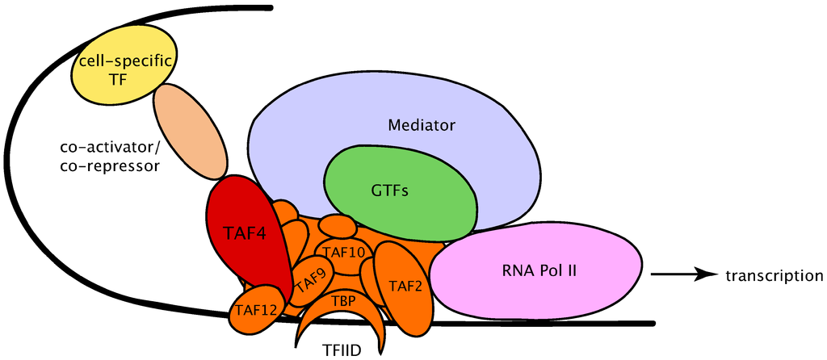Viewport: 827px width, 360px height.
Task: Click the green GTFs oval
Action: pyautogui.click(x=400, y=192)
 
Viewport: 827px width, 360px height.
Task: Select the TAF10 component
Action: pyautogui.click(x=344, y=253)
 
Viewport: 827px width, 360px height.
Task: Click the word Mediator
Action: pyautogui.click(x=422, y=126)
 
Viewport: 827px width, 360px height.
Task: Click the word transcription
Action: pyautogui.click(x=774, y=276)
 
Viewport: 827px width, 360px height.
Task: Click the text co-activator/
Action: pyautogui.click(x=110, y=148)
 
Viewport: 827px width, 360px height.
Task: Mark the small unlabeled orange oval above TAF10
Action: pyautogui.click(x=337, y=225)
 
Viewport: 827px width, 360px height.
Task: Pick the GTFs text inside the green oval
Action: pyautogui.click(x=389, y=192)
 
